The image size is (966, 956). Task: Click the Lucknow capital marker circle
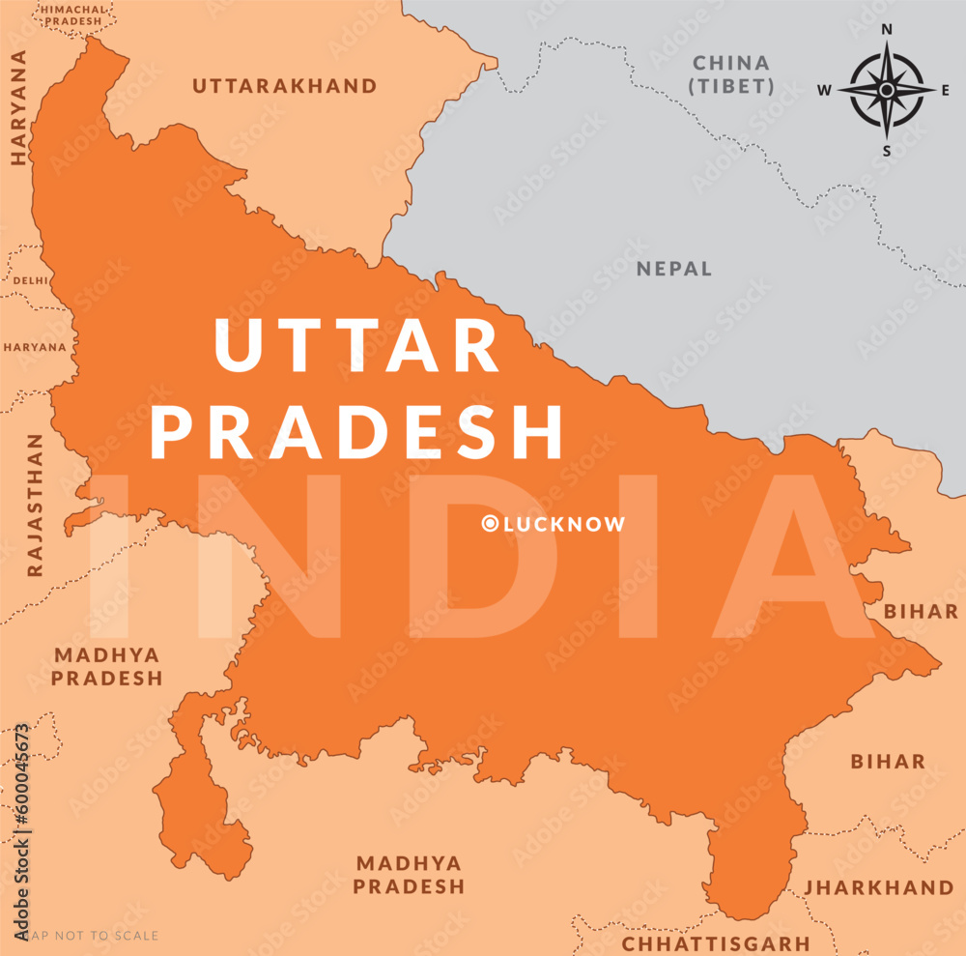[x=490, y=524]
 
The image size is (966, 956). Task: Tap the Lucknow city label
[x=564, y=524]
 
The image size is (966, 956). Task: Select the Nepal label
[x=674, y=269]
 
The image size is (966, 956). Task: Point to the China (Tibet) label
[x=732, y=74]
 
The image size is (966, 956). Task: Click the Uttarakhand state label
[x=285, y=86]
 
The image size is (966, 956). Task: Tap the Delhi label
[x=30, y=280]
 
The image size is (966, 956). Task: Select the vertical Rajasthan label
[x=35, y=505]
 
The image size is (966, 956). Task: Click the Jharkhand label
[x=879, y=887]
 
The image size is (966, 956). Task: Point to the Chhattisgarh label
[x=716, y=942]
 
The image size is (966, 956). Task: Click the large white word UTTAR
[x=356, y=346]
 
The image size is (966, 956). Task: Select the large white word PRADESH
[x=356, y=431]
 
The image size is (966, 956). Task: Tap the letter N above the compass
[x=887, y=29]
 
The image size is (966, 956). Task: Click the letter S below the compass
[x=887, y=150]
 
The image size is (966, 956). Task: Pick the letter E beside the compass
[x=945, y=90]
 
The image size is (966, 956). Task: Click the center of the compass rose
[x=887, y=90]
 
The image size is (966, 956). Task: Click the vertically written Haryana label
[x=16, y=108]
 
